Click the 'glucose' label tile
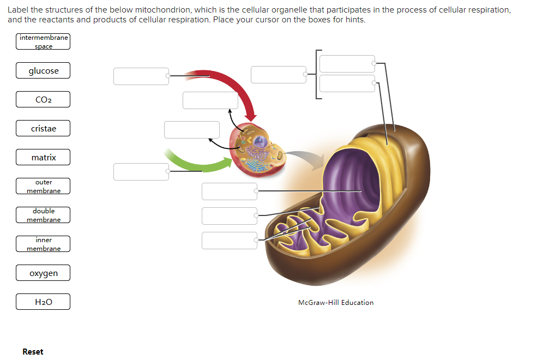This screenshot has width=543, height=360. coord(43,71)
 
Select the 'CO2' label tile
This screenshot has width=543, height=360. coord(43,100)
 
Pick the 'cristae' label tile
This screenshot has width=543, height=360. coord(43,129)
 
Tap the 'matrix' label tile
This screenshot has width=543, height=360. coord(43,158)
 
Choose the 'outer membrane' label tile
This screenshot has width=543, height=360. coord(43,186)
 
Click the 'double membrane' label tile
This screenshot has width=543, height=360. coord(43,215)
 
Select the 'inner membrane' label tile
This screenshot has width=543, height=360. coord(43,244)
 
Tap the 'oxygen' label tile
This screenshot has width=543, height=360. coord(43,273)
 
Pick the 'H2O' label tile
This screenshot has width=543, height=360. coord(43,302)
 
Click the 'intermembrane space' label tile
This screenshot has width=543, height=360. coord(43,42)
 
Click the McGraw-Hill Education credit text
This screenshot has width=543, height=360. coord(336,303)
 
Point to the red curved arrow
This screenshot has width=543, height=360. coord(229,87)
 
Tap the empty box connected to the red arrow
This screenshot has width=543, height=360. coord(141,76)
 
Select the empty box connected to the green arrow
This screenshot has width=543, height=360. coord(141,172)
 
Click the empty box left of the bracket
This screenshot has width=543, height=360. coord(279,75)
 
